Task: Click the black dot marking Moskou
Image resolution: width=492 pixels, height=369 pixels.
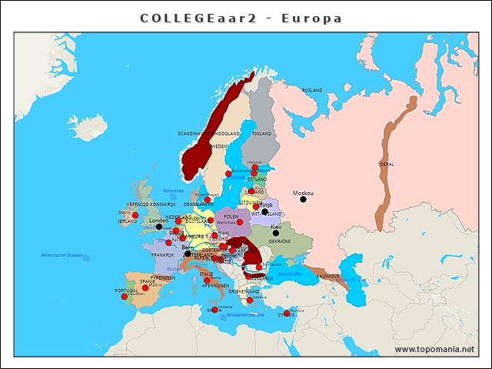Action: tap(303, 200)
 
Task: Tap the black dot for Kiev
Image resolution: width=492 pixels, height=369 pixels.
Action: tap(276, 233)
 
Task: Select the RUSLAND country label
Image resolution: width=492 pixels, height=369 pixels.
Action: tap(312, 91)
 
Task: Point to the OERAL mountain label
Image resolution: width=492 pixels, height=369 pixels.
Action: tap(387, 164)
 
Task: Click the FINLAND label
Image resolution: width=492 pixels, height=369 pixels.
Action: tap(262, 133)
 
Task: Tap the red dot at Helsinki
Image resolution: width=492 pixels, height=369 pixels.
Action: tap(255, 167)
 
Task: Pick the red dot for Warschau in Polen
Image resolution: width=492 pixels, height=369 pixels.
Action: tap(239, 222)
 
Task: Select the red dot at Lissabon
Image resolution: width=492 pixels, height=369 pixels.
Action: tap(125, 297)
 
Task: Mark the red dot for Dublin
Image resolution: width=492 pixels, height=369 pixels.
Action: tap(135, 215)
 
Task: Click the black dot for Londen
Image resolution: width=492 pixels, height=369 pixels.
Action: tap(159, 227)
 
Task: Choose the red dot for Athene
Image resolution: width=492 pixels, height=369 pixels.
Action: tap(250, 300)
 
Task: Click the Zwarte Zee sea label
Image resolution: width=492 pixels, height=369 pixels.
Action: tap(290, 274)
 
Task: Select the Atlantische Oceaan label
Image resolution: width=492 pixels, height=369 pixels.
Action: tap(61, 254)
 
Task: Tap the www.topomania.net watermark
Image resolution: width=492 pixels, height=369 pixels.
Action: tap(434, 350)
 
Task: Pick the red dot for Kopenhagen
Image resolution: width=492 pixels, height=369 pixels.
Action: tap(207, 200)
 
